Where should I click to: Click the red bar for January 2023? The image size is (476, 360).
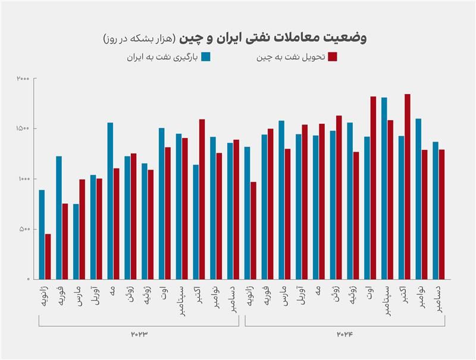click(48, 256)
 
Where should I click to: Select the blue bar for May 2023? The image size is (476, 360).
click(110, 201)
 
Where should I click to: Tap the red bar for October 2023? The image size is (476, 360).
click(202, 199)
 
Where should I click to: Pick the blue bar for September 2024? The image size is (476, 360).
click(384, 188)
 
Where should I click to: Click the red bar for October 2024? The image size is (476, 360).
click(408, 186)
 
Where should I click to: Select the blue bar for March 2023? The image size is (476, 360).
click(76, 242)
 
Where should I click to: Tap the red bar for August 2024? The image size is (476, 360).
click(373, 187)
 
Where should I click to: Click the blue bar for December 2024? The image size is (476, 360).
click(436, 210)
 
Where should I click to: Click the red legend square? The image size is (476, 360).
click(333, 57)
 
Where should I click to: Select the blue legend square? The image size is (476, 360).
click(206, 57)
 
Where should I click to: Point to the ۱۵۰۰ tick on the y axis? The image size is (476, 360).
click(23, 129)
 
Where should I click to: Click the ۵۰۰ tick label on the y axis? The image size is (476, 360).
click(24, 229)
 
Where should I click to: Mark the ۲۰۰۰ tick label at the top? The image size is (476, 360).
click(23, 79)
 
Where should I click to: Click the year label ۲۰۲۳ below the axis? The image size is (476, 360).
click(138, 334)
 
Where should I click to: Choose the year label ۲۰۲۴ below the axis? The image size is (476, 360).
click(345, 334)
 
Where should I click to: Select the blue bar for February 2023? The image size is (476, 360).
click(59, 217)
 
